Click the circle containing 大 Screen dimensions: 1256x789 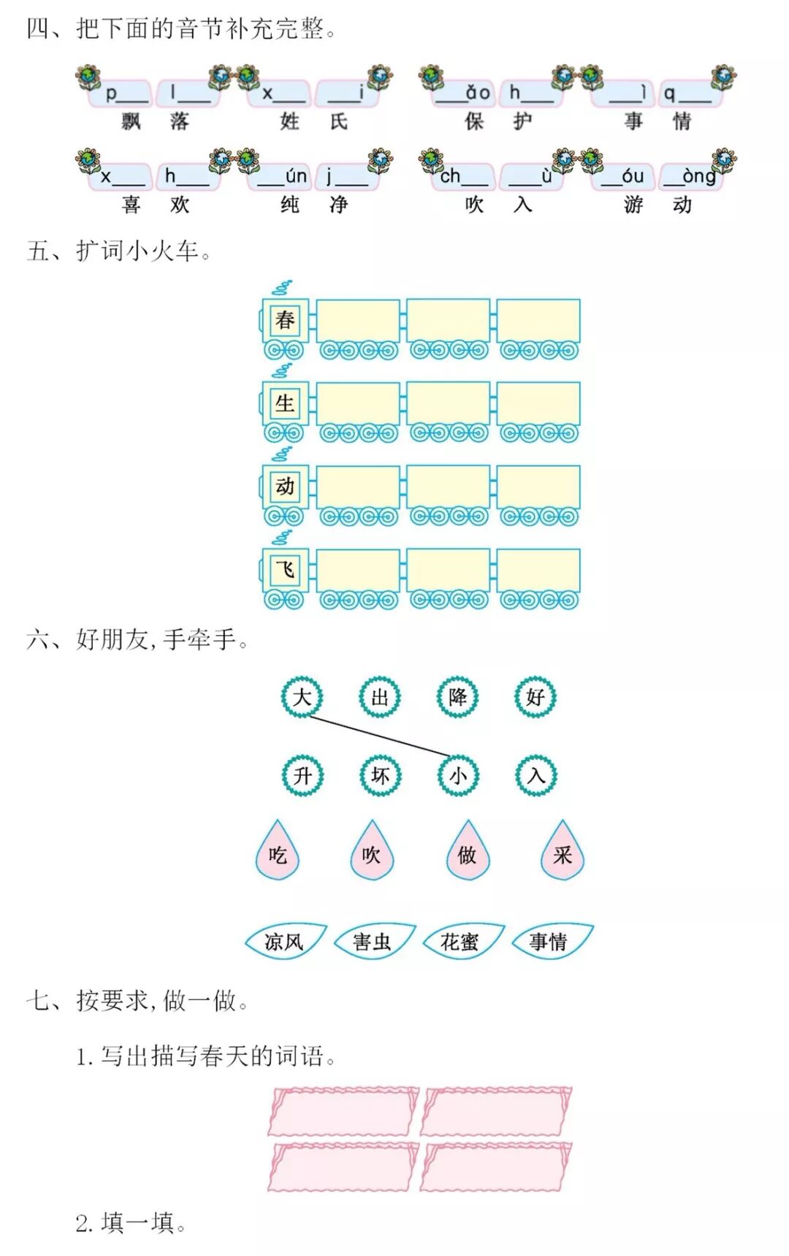(302, 696)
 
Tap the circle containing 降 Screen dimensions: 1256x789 (457, 696)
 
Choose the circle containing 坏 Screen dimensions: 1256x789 (380, 775)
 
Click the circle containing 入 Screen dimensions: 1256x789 (536, 775)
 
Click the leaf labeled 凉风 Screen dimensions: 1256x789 (284, 941)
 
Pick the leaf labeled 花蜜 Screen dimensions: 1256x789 (460, 941)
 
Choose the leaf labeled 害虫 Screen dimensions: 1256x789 (373, 941)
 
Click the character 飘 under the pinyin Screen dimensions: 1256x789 (131, 121)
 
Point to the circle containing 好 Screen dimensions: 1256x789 (535, 696)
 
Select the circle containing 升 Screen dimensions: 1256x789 (302, 775)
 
